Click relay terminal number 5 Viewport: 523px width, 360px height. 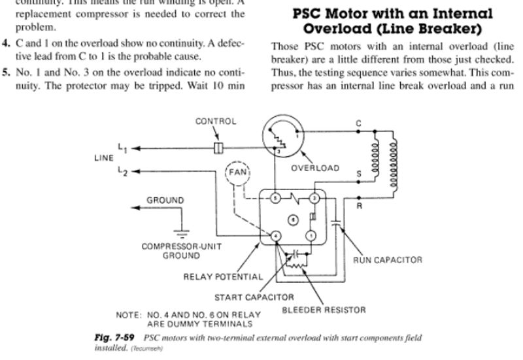pyautogui.click(x=276, y=197)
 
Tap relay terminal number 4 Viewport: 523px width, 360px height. pyautogui.click(x=276, y=235)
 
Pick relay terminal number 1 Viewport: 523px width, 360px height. pyautogui.click(x=312, y=235)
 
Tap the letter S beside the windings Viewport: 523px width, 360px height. pyautogui.click(x=358, y=174)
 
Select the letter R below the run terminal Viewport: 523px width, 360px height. pyautogui.click(x=358, y=207)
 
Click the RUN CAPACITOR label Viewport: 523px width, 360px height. pyautogui.click(x=388, y=259)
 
